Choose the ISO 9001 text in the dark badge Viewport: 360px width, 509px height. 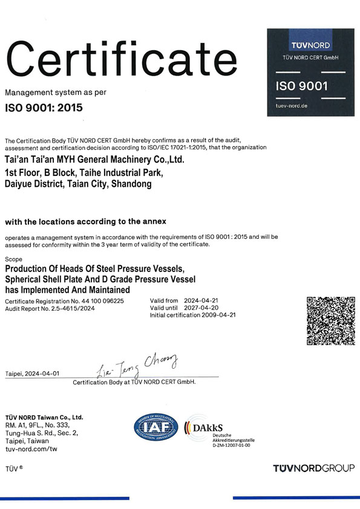tap(301, 86)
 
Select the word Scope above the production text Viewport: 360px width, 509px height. tap(13, 259)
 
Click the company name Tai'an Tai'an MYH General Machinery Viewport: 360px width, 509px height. tap(94, 160)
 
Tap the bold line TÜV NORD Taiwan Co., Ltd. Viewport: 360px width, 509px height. tap(44, 417)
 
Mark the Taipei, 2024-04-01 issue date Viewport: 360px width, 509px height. tap(32, 374)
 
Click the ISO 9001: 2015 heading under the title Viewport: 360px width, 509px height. tap(44, 109)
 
